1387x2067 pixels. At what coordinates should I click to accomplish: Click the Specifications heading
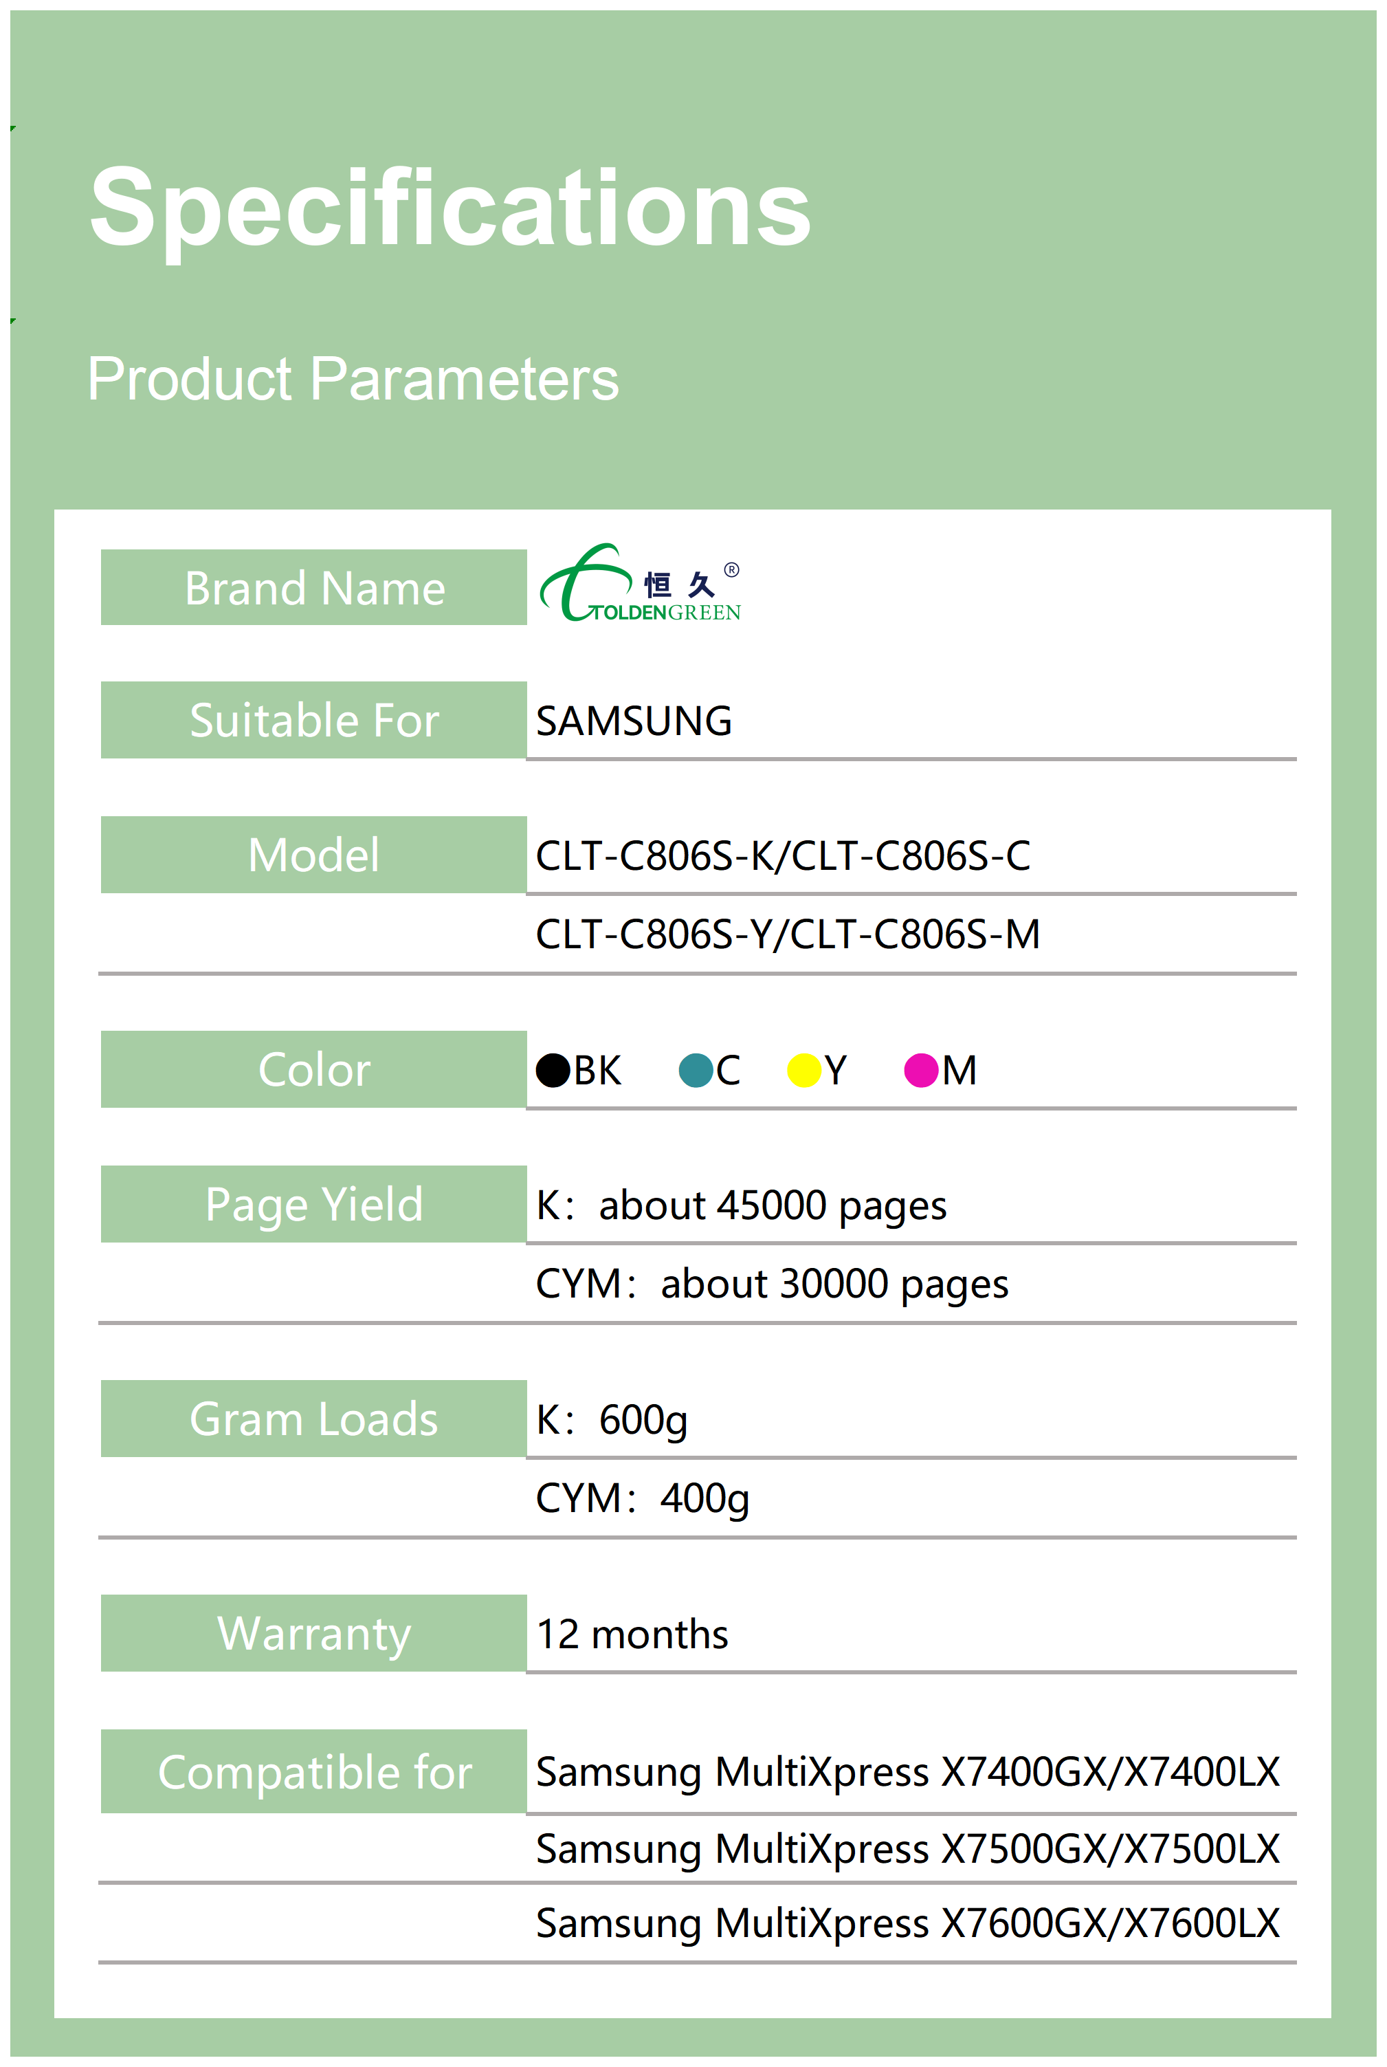click(450, 210)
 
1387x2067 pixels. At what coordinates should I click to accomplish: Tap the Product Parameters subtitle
click(353, 379)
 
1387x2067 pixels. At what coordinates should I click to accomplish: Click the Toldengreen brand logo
click(641, 582)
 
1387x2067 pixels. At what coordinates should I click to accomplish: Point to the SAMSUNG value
click(634, 720)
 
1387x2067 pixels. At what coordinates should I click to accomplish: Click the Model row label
click(314, 855)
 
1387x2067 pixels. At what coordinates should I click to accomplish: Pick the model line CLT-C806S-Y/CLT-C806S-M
click(788, 934)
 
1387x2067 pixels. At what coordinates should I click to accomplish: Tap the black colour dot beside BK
click(553, 1070)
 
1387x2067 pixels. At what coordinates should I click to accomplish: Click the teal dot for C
click(696, 1070)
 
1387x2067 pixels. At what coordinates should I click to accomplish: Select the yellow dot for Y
click(804, 1070)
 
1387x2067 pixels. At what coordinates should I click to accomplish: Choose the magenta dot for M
click(921, 1070)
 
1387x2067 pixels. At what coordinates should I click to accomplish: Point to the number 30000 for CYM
click(834, 1283)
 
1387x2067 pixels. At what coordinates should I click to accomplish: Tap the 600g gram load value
click(643, 1420)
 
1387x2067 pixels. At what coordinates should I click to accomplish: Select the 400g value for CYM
click(705, 1499)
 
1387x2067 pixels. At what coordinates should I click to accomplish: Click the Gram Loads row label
click(314, 1419)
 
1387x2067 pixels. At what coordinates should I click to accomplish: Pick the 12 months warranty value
click(632, 1633)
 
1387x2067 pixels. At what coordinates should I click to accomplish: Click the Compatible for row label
click(314, 1771)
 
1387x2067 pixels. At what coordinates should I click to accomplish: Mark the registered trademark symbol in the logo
click(731, 570)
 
